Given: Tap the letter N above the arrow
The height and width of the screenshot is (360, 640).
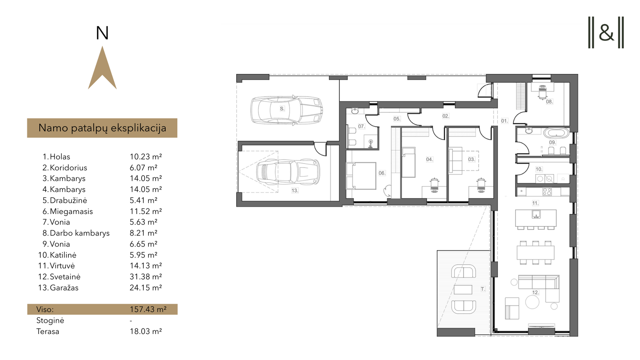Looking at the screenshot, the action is pyautogui.click(x=102, y=34).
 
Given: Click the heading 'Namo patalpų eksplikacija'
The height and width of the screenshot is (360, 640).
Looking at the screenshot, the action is pyautogui.click(x=102, y=128).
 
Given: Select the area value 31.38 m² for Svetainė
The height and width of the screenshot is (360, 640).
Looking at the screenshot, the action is pyautogui.click(x=146, y=276).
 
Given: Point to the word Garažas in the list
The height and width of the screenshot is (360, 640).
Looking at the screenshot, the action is pyautogui.click(x=64, y=288).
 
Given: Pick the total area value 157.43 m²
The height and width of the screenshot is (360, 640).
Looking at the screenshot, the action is pyautogui.click(x=148, y=309).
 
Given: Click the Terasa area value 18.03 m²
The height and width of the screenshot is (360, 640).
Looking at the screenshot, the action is pyautogui.click(x=146, y=332).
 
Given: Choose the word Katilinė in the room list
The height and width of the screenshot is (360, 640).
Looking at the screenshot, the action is pyautogui.click(x=63, y=255).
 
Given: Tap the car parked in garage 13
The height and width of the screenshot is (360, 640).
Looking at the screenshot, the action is pyautogui.click(x=288, y=172).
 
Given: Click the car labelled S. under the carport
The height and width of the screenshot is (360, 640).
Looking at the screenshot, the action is pyautogui.click(x=286, y=110).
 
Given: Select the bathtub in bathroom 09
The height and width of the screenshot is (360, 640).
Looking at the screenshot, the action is pyautogui.click(x=556, y=133).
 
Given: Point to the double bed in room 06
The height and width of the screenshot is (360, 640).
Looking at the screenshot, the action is pyautogui.click(x=361, y=176).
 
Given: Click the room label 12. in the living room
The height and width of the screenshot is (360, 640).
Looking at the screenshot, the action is pyautogui.click(x=535, y=292).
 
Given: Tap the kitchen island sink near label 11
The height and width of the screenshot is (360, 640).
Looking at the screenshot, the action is pyautogui.click(x=536, y=214).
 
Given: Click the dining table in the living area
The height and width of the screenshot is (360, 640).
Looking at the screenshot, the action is pyautogui.click(x=536, y=252).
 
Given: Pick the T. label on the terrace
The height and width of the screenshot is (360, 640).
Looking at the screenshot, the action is pyautogui.click(x=483, y=289).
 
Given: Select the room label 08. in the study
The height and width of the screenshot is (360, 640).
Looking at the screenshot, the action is pyautogui.click(x=549, y=102).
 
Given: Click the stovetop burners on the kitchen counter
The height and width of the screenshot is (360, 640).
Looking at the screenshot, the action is pyautogui.click(x=547, y=192).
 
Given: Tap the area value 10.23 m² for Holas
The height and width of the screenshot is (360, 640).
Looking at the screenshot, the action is pyautogui.click(x=146, y=156).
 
